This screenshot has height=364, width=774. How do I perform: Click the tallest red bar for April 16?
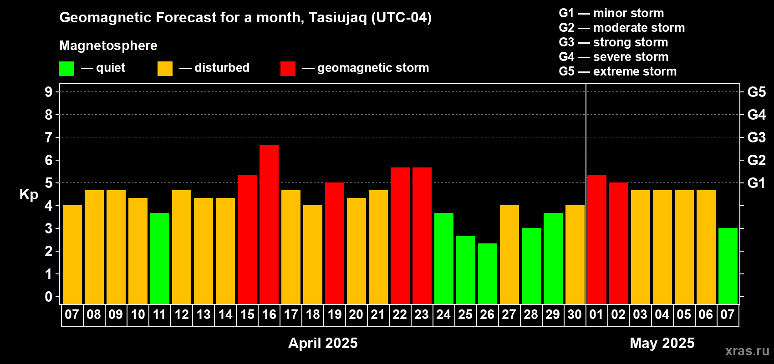pos(269,224)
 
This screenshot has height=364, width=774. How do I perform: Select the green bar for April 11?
pos(160,258)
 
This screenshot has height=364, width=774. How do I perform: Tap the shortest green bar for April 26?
pos(488,273)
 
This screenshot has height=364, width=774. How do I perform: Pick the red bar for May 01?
pos(597,240)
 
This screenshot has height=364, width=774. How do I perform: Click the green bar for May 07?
pos(728,266)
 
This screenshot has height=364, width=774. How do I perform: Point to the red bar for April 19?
pos(335,243)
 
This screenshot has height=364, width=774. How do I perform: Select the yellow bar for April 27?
pos(509,254)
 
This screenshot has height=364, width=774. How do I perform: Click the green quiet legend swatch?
pos(66,68)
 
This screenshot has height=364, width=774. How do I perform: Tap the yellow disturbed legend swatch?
pos(165,68)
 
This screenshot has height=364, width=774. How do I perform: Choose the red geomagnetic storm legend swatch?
pos(288,68)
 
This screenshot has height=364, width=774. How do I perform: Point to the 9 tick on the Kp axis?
pos(48,92)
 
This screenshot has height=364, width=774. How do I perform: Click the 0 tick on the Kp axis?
pos(48,297)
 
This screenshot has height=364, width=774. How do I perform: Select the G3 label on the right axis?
pos(757,137)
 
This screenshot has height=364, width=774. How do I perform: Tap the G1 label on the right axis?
pos(757,183)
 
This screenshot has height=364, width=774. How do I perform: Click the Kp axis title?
pos(29,195)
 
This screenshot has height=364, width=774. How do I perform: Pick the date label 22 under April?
pos(400,314)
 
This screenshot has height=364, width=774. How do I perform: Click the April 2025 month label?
pos(323,343)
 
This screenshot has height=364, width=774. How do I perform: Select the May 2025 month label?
pos(662,343)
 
